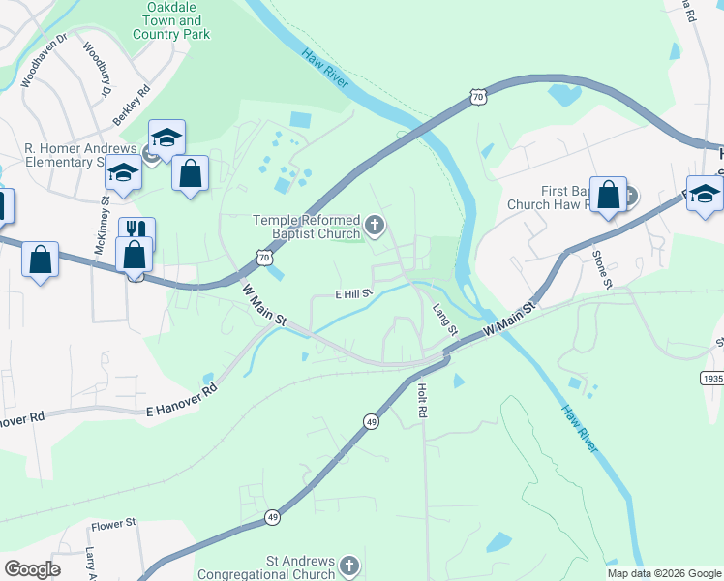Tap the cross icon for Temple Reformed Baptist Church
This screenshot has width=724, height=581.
(x=375, y=228)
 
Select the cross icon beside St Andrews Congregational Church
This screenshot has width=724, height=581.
(x=348, y=565)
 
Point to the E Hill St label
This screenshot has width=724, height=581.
(x=353, y=292)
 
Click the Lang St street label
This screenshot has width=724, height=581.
(x=444, y=319)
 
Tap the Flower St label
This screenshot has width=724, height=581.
(x=113, y=525)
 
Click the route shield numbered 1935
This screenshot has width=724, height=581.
(x=711, y=377)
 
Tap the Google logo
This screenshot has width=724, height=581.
(x=32, y=569)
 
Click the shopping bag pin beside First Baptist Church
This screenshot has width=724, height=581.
(x=609, y=196)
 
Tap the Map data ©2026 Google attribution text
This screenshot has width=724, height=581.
(x=664, y=573)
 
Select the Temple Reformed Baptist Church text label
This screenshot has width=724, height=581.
(x=307, y=228)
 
